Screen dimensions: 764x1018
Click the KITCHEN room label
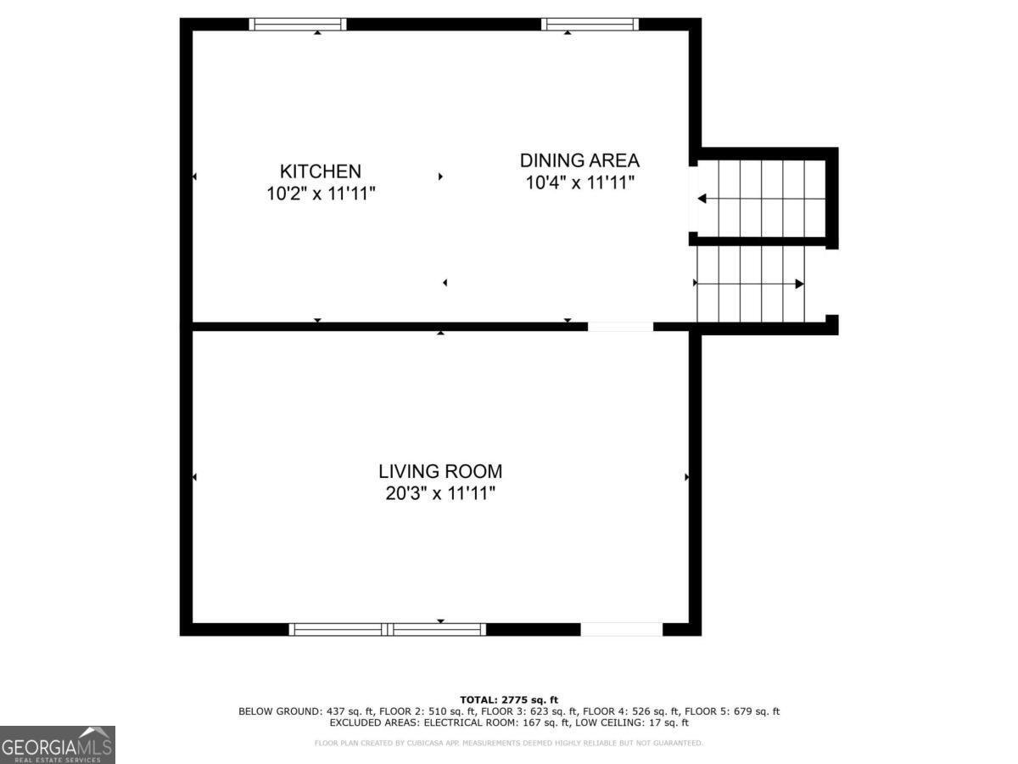[x=321, y=171]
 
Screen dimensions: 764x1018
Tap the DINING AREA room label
[x=579, y=160]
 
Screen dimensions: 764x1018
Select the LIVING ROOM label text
[x=440, y=471]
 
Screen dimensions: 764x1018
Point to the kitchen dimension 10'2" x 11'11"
[x=321, y=194]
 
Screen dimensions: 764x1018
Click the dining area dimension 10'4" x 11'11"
[x=579, y=183]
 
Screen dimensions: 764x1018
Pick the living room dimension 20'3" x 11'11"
[x=440, y=493]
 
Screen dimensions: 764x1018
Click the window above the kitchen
[x=298, y=24]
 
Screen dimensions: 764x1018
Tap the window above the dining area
[x=590, y=24]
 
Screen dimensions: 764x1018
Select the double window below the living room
[x=388, y=629]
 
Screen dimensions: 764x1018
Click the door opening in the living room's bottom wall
[x=622, y=629]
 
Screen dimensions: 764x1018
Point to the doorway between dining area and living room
[x=620, y=326]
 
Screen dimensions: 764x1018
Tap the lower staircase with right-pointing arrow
[x=750, y=284]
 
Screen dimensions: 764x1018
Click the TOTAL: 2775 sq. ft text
[x=509, y=699]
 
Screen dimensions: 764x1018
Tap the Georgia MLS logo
[x=58, y=744]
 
